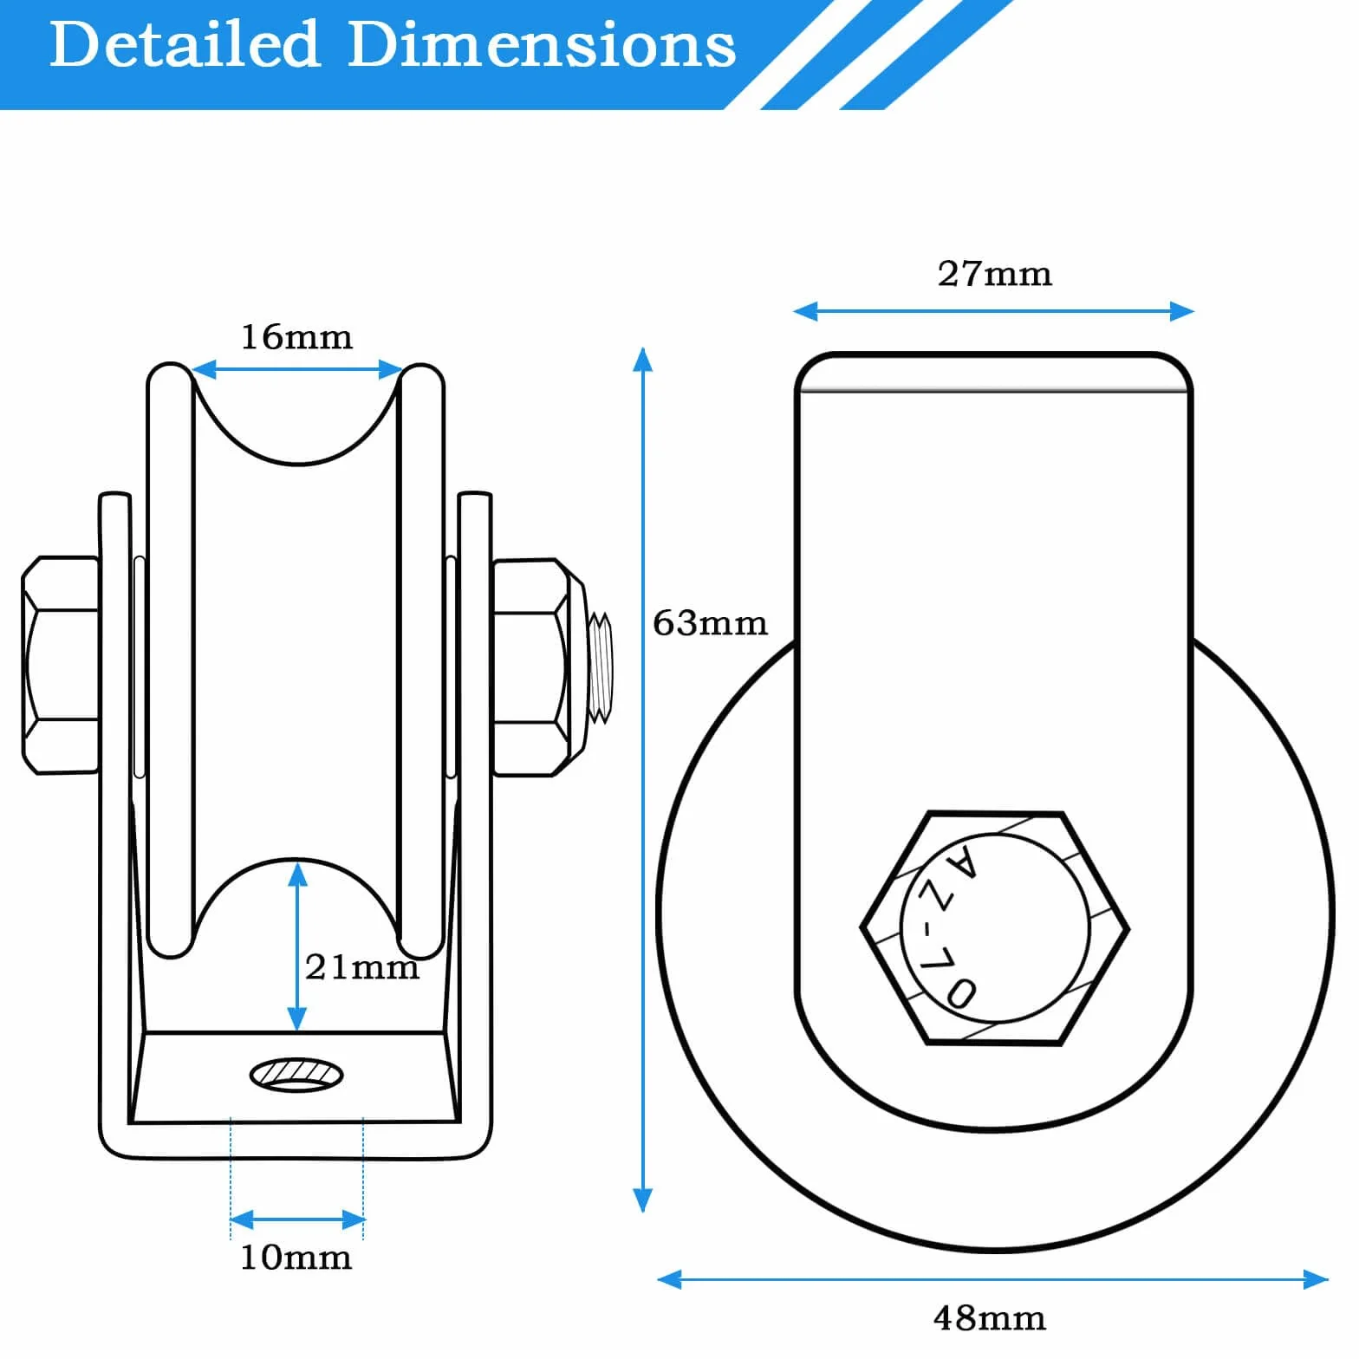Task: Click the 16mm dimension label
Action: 296,337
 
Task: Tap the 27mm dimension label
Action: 995,274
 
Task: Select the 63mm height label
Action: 710,623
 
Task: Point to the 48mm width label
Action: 989,1318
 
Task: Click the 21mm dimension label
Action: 362,966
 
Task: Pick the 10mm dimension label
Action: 296,1258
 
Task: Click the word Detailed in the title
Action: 185,44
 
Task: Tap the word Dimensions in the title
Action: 542,44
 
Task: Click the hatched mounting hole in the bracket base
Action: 296,1075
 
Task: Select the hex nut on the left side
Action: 60,665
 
